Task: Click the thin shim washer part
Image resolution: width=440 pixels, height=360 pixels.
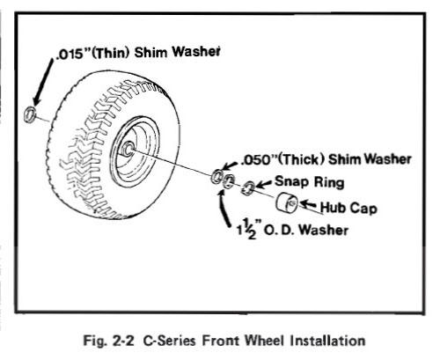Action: (30, 114)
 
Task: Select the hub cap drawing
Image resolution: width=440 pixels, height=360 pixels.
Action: (287, 202)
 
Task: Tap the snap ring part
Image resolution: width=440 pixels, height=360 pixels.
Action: (248, 187)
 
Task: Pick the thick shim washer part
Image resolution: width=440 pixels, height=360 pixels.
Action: (217, 176)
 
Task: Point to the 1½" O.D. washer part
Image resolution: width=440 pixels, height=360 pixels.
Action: (229, 181)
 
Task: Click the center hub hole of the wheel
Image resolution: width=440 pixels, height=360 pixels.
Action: (128, 148)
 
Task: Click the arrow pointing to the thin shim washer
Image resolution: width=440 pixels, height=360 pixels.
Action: (43, 82)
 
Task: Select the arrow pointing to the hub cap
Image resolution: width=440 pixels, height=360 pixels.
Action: (309, 204)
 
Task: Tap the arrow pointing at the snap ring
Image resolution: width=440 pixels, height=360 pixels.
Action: (264, 184)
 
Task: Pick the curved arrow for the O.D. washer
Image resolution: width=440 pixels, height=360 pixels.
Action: (224, 208)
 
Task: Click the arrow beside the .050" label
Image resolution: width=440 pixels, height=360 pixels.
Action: (231, 165)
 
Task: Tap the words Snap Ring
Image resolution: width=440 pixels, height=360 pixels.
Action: (310, 182)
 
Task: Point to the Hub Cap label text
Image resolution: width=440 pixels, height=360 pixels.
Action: (348, 208)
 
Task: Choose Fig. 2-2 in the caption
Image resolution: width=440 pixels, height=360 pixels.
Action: (108, 341)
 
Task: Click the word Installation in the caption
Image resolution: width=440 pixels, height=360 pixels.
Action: (327, 341)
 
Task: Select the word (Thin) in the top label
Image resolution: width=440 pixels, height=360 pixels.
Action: (111, 54)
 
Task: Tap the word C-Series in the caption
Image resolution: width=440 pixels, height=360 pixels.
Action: (169, 341)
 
